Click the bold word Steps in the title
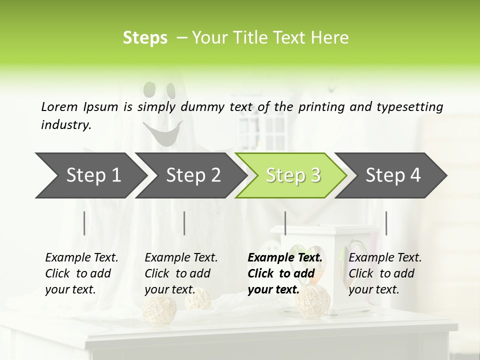pos(145,38)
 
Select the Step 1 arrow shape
pos(90,175)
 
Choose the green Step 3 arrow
pos(292,175)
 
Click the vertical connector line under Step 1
pos(84,223)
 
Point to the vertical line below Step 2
pos(184,223)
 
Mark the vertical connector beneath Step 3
pos(285,223)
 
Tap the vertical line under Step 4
pos(386,223)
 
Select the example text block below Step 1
pos(81,273)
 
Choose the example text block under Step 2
pos(181,273)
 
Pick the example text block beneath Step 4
pos(385,273)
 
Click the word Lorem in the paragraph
pos(59,106)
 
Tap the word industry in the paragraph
pos(65,124)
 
